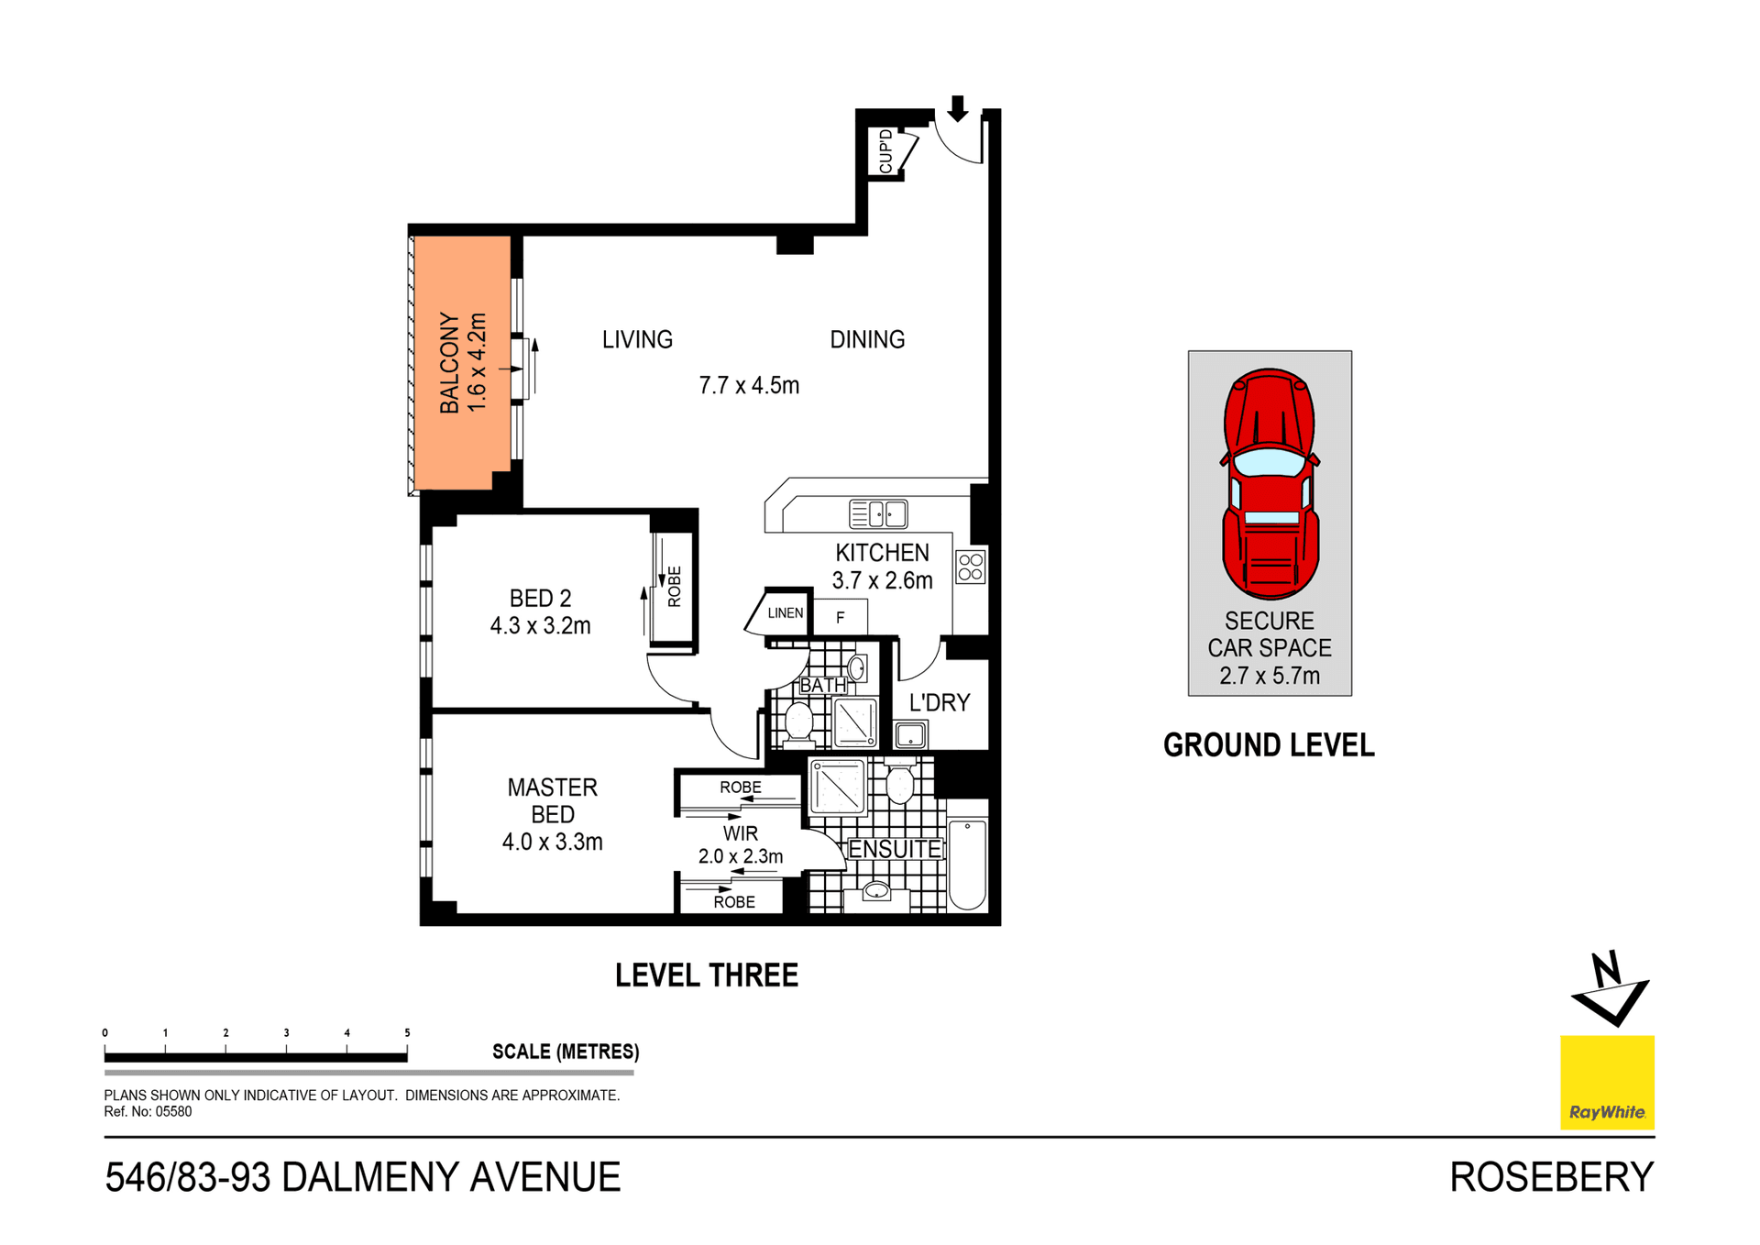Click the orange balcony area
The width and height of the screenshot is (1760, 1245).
[x=461, y=362]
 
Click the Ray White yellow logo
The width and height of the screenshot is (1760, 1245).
[x=1606, y=1082]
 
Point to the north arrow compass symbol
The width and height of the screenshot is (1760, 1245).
[x=1610, y=990]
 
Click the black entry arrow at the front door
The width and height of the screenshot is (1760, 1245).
[x=957, y=108]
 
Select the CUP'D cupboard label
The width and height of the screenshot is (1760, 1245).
[x=885, y=151]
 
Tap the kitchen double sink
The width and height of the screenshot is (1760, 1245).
[x=877, y=514]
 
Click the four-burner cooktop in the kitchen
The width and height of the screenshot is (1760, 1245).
[x=970, y=567]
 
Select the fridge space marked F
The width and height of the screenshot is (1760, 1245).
[x=840, y=618]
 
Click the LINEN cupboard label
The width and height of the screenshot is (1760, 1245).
[x=785, y=612]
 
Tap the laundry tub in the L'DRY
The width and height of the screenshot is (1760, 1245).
[x=910, y=734]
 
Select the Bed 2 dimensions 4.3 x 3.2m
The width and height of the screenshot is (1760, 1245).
[x=540, y=625]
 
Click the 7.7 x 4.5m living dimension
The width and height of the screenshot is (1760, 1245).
[x=748, y=385]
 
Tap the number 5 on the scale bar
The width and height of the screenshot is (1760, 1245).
[x=407, y=1032]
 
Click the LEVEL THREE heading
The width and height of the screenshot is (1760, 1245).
[x=706, y=975]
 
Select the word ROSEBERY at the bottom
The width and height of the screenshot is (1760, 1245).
[x=1551, y=1177]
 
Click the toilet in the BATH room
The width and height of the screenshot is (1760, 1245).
[x=798, y=721]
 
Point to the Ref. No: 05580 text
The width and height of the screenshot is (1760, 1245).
[x=148, y=1111]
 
